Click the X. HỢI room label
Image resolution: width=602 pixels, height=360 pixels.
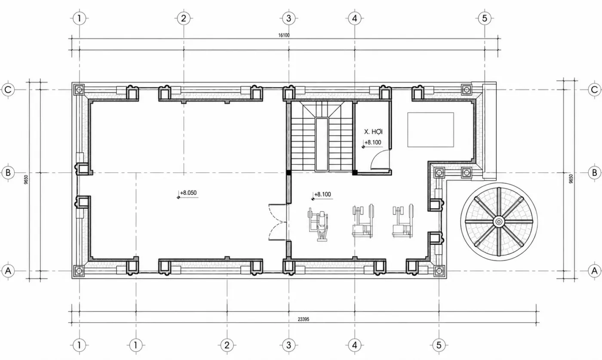tap(373, 132)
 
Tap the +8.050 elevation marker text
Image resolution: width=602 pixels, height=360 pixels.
tap(188, 193)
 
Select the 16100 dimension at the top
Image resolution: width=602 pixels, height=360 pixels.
tap(284, 35)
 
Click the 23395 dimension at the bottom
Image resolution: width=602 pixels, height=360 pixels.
tap(304, 319)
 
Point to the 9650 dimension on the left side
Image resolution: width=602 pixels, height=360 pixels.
tap(26, 179)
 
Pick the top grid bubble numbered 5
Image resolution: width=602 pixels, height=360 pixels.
tap(485, 18)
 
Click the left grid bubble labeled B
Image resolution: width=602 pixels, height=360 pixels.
tap(8, 172)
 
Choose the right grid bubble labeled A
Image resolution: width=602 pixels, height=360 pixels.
tap(594, 271)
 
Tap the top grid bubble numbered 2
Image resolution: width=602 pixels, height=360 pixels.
tap(184, 18)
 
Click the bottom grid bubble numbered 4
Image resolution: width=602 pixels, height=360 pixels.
tap(354, 345)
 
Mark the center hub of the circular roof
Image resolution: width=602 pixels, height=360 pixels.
tap(499, 222)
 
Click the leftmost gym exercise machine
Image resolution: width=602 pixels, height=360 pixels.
tap(318, 224)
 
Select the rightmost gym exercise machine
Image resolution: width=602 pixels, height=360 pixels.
tap(402, 221)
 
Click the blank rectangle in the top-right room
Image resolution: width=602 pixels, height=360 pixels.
tap(430, 130)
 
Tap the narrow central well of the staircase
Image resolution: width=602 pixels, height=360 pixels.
tap(322, 144)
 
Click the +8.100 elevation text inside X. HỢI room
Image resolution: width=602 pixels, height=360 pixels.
tap(373, 142)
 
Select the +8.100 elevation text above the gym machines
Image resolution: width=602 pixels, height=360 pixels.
tap(322, 194)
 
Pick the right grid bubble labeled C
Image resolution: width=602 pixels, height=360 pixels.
tap(594, 89)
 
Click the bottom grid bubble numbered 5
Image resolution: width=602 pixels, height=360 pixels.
tap(439, 345)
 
